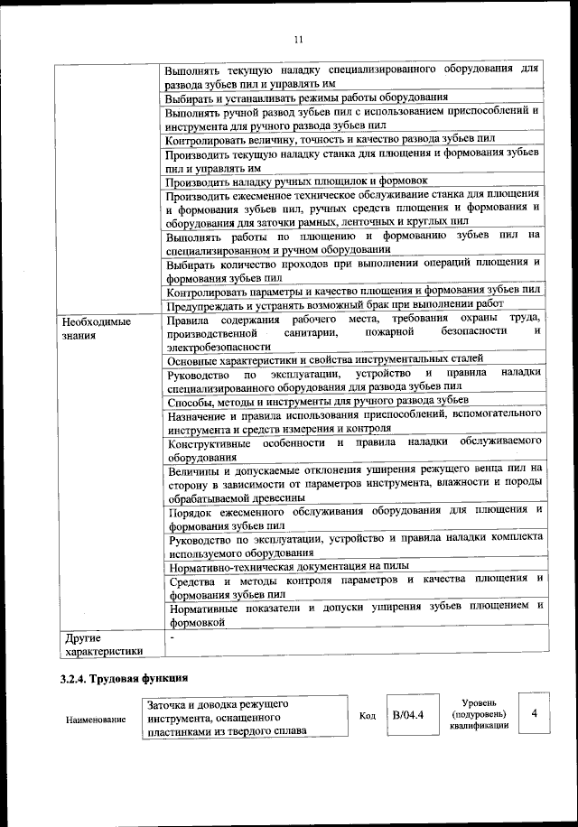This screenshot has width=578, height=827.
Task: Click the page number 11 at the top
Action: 298,37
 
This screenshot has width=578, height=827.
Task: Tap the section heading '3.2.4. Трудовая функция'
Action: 124,678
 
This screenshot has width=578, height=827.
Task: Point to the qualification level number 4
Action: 535,714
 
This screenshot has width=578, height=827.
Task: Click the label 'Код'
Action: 368,716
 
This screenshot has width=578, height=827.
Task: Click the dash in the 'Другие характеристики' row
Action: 171,637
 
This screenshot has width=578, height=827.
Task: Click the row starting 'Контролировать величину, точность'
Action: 331,140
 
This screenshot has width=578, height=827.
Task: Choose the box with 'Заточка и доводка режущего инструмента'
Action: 243,717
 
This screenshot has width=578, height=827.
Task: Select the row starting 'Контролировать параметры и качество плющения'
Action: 353,291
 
